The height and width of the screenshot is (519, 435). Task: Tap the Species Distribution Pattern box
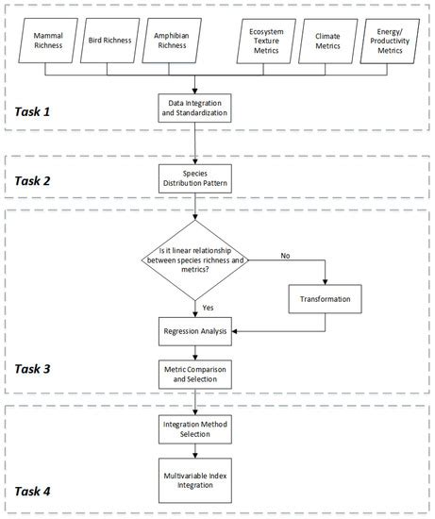coord(195,176)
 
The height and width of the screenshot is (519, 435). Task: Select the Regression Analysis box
coord(195,331)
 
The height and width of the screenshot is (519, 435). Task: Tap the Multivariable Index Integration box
coord(195,477)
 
